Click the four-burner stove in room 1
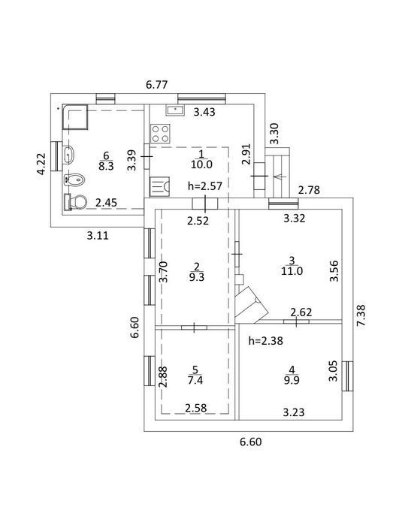(x=160, y=133)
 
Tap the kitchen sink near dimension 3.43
(x=175, y=110)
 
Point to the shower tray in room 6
(x=75, y=117)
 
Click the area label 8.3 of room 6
(x=106, y=166)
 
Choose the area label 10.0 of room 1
(x=201, y=164)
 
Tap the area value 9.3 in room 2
(x=197, y=277)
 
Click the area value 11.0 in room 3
(x=292, y=270)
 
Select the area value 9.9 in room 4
(x=292, y=380)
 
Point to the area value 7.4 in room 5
(x=195, y=380)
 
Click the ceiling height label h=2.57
(x=205, y=186)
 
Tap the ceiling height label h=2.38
(x=266, y=341)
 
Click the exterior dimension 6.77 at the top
(x=157, y=84)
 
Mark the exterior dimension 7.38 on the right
(x=361, y=315)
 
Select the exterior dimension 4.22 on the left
(x=41, y=164)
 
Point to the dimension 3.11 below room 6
(x=98, y=235)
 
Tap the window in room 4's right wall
(x=348, y=376)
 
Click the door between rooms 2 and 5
(x=195, y=327)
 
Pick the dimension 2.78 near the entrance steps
(x=309, y=190)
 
